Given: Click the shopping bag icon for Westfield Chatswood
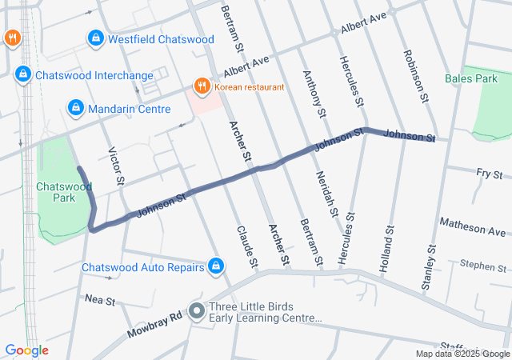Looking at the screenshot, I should point(95,38).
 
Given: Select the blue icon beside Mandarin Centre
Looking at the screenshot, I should point(75,106).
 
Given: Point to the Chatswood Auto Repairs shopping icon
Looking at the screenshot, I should point(215,266).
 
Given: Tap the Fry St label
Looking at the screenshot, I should point(488,174).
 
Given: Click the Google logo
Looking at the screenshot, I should point(26,350).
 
